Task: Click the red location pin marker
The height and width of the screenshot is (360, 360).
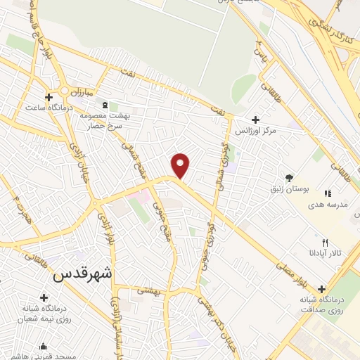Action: click(x=181, y=166)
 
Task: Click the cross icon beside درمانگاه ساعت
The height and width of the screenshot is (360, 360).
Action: click(x=49, y=96)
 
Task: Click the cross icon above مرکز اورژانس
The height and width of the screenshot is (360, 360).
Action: click(x=255, y=120)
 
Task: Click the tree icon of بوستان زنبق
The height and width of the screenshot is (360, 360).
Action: click(x=289, y=178)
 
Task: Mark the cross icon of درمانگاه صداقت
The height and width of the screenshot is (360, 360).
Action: click(x=322, y=289)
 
